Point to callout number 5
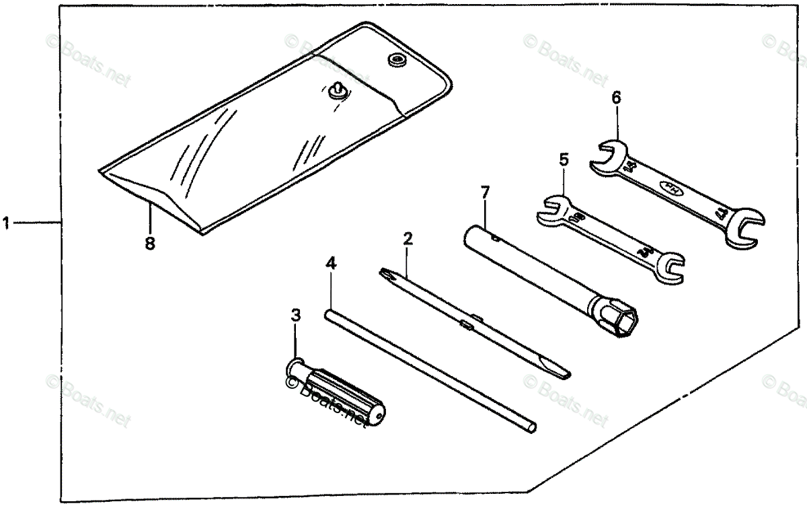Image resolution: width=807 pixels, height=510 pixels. [564, 159]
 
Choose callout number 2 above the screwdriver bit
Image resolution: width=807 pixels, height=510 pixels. [408, 238]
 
